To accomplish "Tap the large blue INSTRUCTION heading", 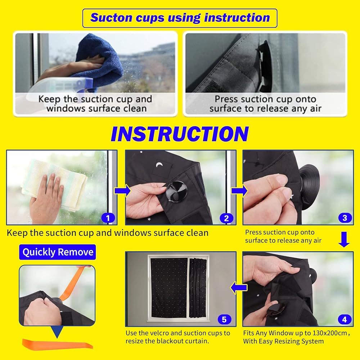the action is click(180, 134).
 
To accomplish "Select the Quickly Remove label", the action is click(58, 252).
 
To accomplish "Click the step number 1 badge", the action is click(108, 218).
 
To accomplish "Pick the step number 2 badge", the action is click(226, 218).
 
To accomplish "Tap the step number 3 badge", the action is click(345, 218).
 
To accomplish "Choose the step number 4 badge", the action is click(345, 319).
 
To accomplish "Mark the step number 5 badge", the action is click(224, 319).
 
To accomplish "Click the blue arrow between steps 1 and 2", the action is click(122, 191).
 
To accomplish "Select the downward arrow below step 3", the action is click(344, 239).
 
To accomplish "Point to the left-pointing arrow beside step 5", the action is click(239, 287).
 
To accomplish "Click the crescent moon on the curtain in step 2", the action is click(159, 165).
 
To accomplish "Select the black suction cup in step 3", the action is click(309, 187).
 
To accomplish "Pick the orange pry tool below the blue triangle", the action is click(57, 344).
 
